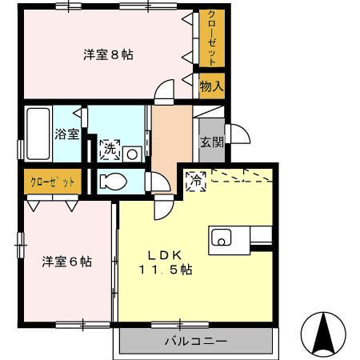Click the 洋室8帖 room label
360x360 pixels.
[108, 55]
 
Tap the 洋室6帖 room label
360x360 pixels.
[66, 262]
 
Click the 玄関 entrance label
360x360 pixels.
[212, 142]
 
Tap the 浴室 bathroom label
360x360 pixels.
[66, 134]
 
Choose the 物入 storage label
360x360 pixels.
[211, 85]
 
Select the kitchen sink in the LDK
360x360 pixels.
[221, 237]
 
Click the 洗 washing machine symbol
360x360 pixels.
[110, 149]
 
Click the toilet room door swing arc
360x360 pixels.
[159, 182]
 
